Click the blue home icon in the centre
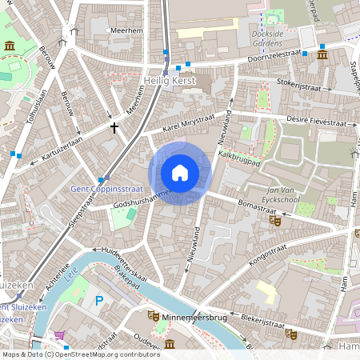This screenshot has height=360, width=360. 180,173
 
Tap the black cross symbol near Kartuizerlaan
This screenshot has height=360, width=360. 114,126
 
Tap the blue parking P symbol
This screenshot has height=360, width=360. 99,301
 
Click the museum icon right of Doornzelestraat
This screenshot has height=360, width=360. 322,54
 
